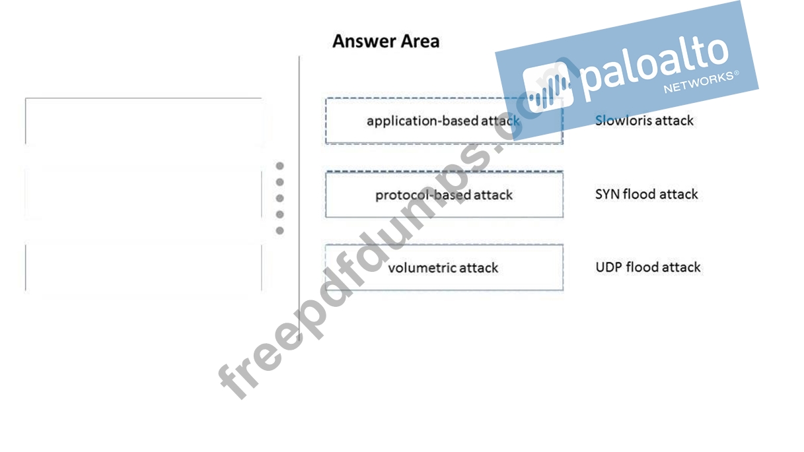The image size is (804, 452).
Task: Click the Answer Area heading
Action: click(x=386, y=41)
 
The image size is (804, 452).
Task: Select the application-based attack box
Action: click(x=443, y=121)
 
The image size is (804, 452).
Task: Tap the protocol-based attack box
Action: click(x=444, y=195)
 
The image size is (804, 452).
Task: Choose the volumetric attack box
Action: click(x=444, y=267)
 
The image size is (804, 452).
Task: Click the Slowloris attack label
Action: click(x=644, y=121)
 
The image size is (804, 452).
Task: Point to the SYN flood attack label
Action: click(x=646, y=194)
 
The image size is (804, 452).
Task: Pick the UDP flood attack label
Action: click(x=648, y=267)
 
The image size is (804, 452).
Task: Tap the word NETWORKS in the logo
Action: click(x=698, y=82)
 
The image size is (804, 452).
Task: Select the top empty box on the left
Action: click(x=143, y=121)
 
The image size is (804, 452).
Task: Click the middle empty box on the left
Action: click(x=143, y=194)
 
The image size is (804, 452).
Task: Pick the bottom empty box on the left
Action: click(x=143, y=267)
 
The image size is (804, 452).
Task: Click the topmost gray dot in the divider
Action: click(x=280, y=166)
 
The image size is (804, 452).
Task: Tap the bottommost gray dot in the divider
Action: click(x=280, y=230)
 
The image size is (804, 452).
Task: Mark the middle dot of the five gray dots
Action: click(x=280, y=198)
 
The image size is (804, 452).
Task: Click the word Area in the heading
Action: click(x=418, y=41)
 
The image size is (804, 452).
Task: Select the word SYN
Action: click(x=607, y=194)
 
